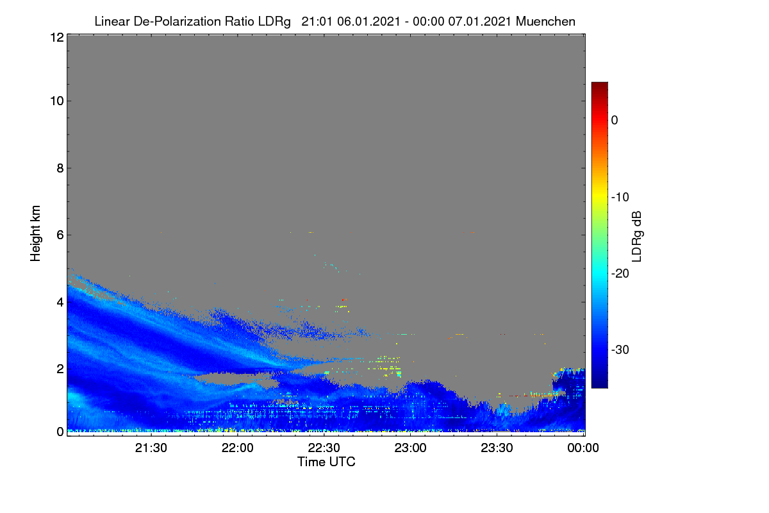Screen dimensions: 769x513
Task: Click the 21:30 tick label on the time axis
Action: [151, 448]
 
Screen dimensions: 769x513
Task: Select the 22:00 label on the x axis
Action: [237, 448]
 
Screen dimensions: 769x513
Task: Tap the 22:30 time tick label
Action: [324, 448]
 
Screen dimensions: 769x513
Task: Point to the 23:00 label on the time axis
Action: [410, 448]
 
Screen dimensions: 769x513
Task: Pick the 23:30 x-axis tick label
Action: [497, 448]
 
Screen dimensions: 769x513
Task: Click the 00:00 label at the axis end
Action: [583, 448]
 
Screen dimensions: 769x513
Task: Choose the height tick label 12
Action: [57, 37]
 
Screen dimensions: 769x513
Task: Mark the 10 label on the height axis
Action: [57, 101]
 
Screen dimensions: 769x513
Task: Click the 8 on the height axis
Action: [60, 168]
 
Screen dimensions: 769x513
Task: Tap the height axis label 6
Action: [60, 235]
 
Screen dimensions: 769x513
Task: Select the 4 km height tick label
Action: [60, 303]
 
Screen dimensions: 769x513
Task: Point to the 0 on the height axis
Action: [60, 432]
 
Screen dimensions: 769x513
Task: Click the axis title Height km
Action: [35, 233]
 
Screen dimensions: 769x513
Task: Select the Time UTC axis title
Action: [326, 462]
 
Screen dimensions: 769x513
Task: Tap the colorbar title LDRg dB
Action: [637, 237]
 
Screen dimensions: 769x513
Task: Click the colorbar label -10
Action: [620, 198]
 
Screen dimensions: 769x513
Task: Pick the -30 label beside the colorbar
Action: [620, 349]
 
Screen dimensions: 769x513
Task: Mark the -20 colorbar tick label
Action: [620, 274]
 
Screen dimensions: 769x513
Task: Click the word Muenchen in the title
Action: [545, 21]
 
